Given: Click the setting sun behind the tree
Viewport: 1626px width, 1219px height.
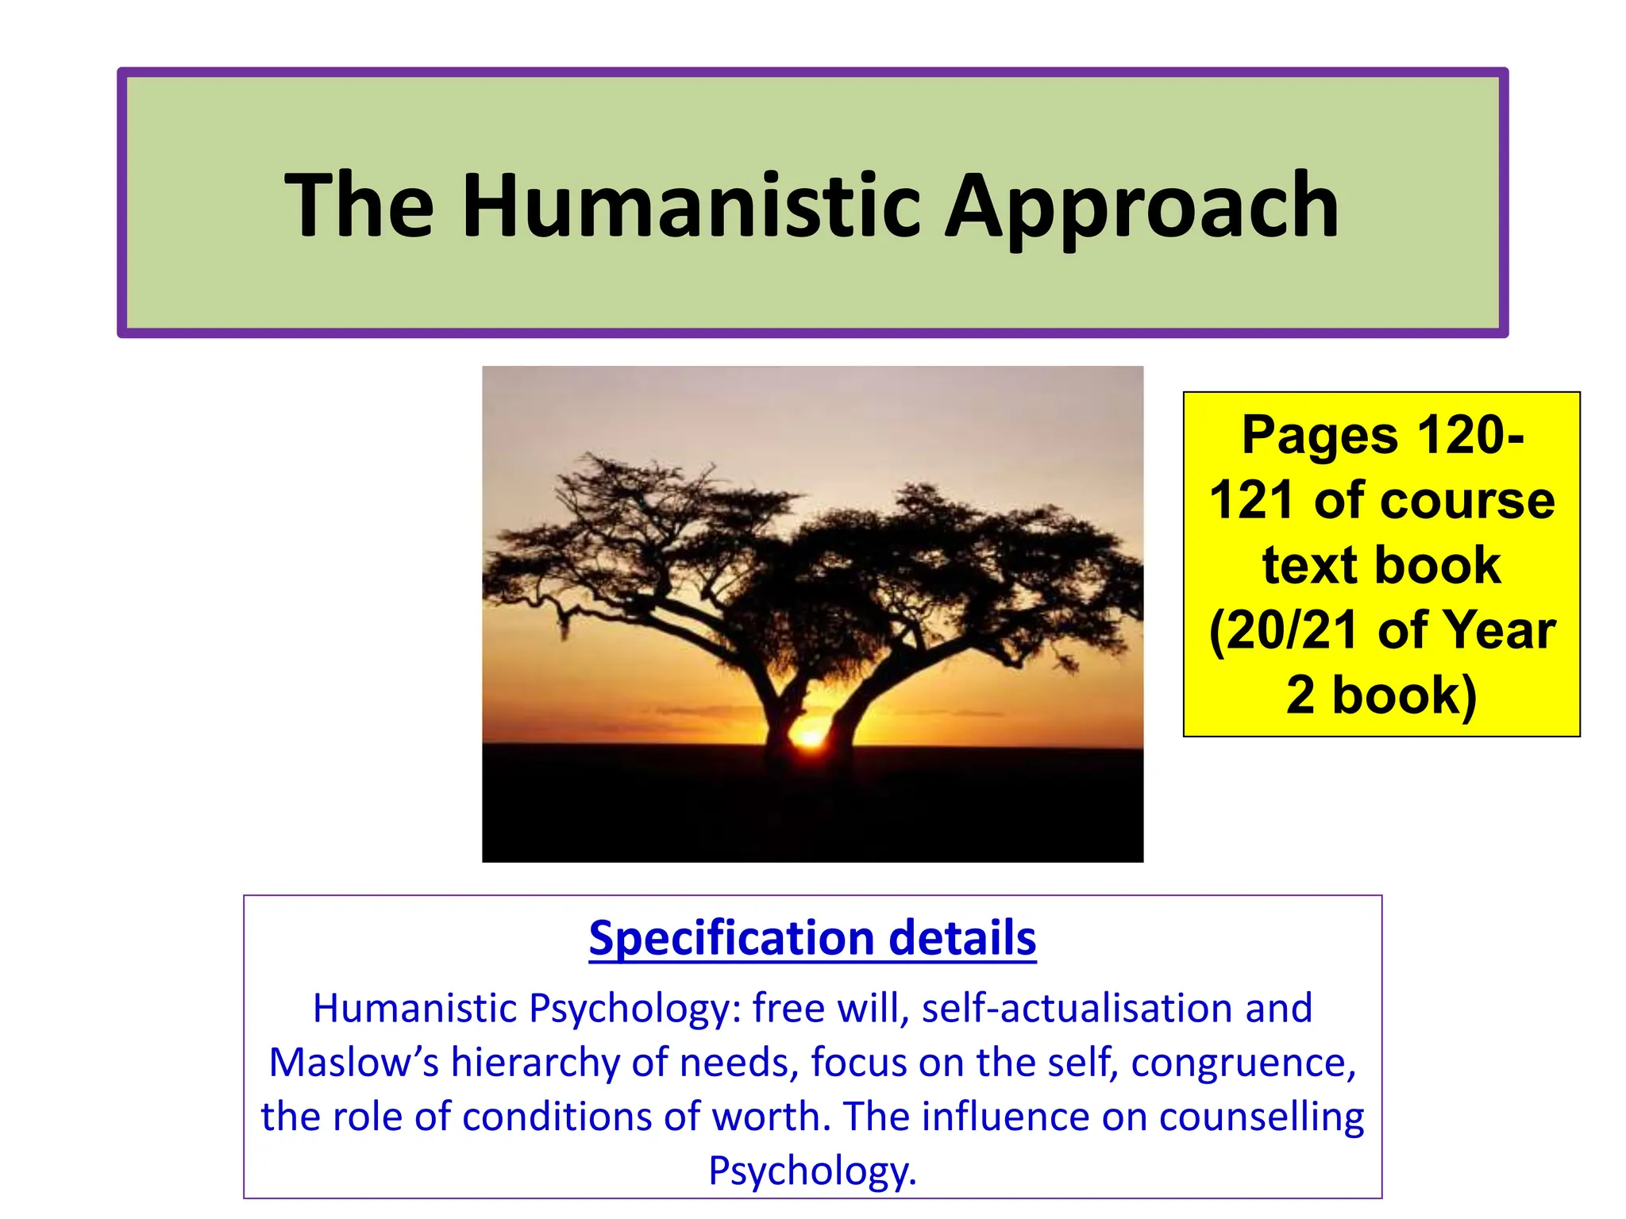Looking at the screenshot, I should pyautogui.click(x=810, y=738).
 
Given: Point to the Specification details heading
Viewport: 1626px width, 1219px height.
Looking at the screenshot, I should pyautogui.click(x=812, y=938).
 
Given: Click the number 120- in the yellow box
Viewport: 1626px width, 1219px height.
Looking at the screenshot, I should pyautogui.click(x=1470, y=436).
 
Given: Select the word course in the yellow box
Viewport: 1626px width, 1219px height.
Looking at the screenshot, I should pyautogui.click(x=1474, y=501).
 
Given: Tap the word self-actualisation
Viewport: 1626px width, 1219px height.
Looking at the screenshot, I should pyautogui.click(x=1077, y=1008).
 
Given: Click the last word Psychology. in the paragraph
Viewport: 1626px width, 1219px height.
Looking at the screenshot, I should pyautogui.click(x=812, y=1170).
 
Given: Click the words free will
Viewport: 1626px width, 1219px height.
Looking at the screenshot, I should pyautogui.click(x=830, y=1008).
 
